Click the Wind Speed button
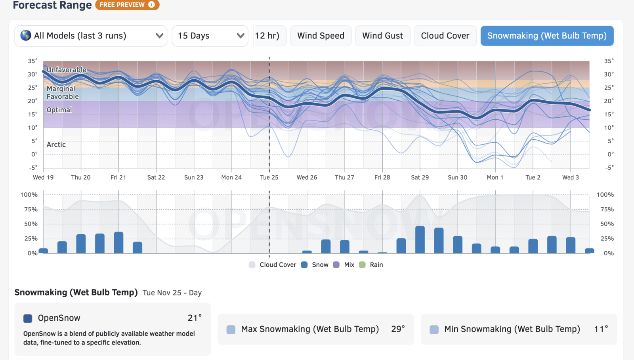[321, 36]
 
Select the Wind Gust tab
[382, 36]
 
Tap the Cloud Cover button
[445, 36]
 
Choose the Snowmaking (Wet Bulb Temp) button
[547, 36]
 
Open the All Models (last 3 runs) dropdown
[91, 36]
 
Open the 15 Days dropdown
[210, 36]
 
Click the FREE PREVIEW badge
[127, 5]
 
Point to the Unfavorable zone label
[66, 70]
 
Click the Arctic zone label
[56, 145]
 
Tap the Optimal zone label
[59, 110]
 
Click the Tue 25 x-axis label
[269, 177]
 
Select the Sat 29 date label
[420, 177]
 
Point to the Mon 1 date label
[495, 177]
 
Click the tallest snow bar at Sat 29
[420, 239]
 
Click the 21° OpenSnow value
[195, 318]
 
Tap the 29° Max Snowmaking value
[398, 329]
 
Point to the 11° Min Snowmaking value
[601, 329]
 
